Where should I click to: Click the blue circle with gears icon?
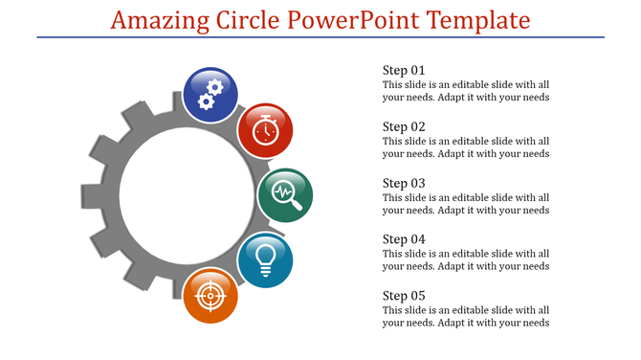point(210,94)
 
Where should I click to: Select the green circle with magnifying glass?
point(286,194)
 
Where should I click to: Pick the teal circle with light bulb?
point(264,259)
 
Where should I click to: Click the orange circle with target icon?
point(210,296)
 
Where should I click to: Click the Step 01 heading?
point(404,70)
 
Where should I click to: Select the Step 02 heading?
point(404,126)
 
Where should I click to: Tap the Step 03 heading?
point(404,183)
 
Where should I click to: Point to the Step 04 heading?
point(404,238)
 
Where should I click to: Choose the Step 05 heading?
point(404,295)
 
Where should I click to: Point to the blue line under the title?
point(320,37)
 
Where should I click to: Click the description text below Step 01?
point(465,91)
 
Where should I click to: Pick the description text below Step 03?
point(465,204)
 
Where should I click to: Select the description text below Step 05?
point(465,316)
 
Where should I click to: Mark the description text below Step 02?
point(465,147)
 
